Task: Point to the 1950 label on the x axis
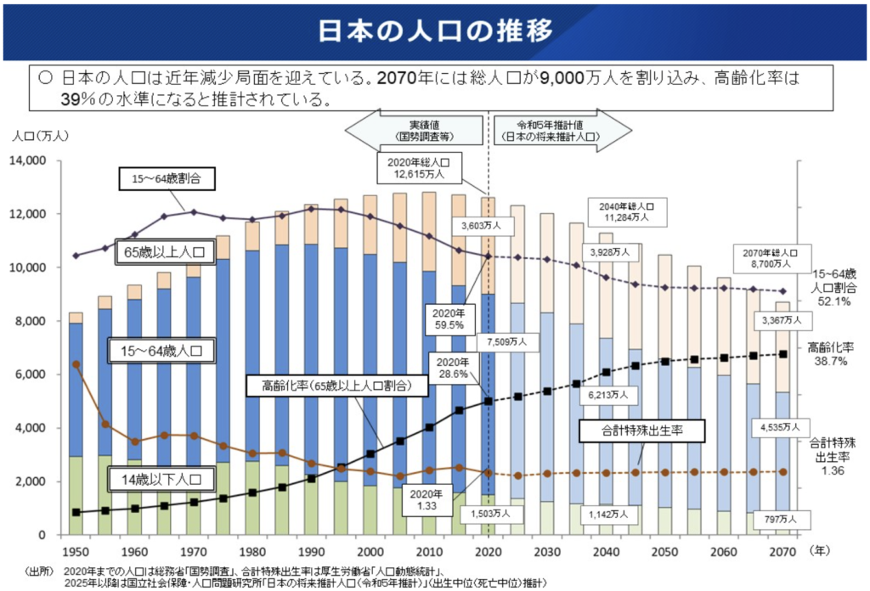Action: (76, 551)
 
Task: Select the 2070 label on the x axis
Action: (781, 551)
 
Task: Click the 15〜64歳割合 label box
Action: (165, 179)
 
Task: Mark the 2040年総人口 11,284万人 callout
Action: (627, 211)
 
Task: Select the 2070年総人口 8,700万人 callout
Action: (771, 258)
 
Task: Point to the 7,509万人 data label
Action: (509, 342)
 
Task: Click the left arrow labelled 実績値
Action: (415, 130)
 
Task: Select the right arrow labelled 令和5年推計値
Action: (563, 130)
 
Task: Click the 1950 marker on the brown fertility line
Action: (76, 364)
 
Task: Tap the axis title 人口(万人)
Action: (34, 135)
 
